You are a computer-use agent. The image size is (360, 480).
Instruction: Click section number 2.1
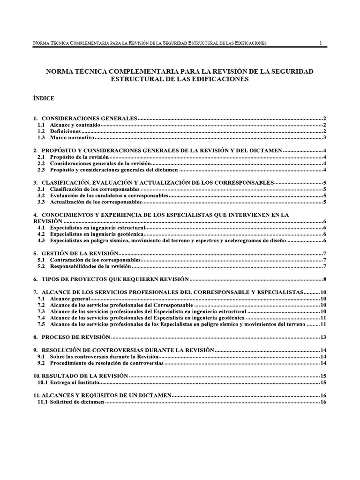(x=41, y=157)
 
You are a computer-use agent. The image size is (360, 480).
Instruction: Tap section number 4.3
(x=41, y=240)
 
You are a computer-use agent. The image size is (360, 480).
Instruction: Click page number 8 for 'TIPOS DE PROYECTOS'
(x=324, y=279)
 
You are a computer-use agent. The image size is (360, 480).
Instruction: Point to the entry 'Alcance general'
(x=70, y=299)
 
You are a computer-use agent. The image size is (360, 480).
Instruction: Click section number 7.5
(x=41, y=324)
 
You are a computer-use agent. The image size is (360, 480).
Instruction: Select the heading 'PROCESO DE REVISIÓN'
(x=75, y=337)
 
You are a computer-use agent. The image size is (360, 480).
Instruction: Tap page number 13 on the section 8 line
(x=323, y=337)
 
